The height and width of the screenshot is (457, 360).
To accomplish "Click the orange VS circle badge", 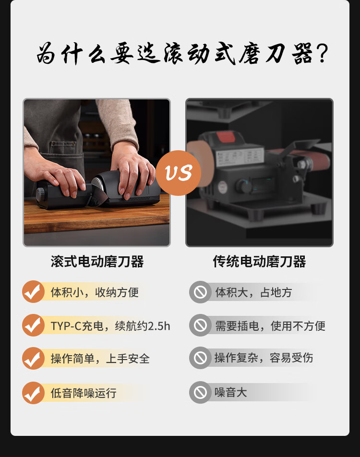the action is tap(179, 173).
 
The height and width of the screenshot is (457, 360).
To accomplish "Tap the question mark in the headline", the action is tap(322, 53).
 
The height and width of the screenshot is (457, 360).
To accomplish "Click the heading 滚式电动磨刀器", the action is tap(97, 262).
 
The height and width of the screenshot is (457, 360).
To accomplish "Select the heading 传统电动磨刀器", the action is tap(259, 262).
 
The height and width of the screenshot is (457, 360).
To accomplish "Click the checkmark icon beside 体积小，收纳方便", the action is tap(33, 291).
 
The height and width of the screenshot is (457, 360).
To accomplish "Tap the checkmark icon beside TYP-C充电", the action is tap(33, 325).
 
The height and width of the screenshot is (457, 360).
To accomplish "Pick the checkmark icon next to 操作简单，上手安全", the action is tap(33, 359).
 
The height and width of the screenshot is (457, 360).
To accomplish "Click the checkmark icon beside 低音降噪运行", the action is tap(33, 393).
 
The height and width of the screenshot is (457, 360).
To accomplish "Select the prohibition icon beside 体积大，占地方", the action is tap(200, 292).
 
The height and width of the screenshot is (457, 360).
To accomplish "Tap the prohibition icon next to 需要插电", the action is tap(200, 325).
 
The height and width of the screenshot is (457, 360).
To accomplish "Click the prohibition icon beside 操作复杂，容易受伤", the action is tap(200, 358).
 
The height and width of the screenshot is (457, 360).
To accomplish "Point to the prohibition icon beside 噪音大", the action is tap(200, 392).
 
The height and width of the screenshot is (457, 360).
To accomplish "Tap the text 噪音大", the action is tap(230, 392).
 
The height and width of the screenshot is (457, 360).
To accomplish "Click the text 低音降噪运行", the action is tap(84, 393).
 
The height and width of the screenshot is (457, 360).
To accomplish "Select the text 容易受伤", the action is tap(291, 358).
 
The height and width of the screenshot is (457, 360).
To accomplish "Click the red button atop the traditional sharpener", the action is tap(226, 137).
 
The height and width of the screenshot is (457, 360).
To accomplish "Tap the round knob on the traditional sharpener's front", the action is tap(242, 186).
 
